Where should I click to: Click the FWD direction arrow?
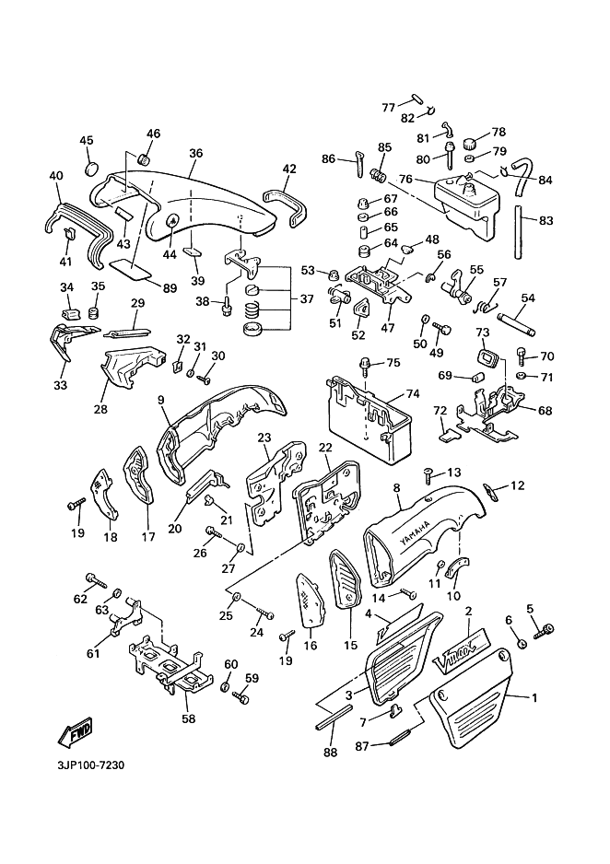pos(71,731)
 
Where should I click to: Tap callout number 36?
pos(194,153)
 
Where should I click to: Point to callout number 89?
pos(170,288)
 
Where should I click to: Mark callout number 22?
pos(325,447)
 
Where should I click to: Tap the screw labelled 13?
pos(428,474)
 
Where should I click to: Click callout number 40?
pos(55,175)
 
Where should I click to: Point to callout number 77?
pos(389,107)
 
